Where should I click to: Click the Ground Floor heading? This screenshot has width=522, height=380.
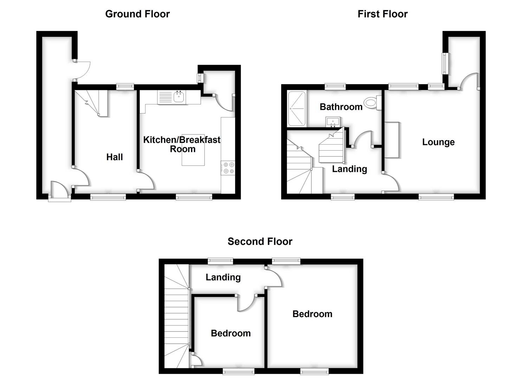pyautogui.click(x=137, y=14)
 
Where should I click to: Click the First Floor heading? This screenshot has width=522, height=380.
pyautogui.click(x=382, y=14)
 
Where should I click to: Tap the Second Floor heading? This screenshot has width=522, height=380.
pyautogui.click(x=260, y=241)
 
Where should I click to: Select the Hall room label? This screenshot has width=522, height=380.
pyautogui.click(x=115, y=157)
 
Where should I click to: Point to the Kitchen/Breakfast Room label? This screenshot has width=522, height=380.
pyautogui.click(x=182, y=144)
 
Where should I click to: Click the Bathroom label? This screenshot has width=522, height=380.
pyautogui.click(x=341, y=107)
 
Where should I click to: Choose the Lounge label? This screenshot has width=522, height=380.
pyautogui.click(x=438, y=142)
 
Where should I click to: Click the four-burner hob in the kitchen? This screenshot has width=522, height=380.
pyautogui.click(x=228, y=168)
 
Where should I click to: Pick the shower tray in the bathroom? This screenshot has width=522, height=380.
pyautogui.click(x=297, y=109)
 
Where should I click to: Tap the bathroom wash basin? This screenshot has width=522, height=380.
pyautogui.click(x=333, y=122)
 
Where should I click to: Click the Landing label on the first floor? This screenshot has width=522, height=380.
pyautogui.click(x=349, y=169)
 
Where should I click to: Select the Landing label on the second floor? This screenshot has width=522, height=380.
pyautogui.click(x=223, y=277)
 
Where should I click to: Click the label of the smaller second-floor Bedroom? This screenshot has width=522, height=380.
pyautogui.click(x=231, y=333)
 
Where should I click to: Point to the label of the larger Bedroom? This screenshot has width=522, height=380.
pyautogui.click(x=312, y=314)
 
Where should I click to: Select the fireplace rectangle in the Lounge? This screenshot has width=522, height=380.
pyautogui.click(x=392, y=140)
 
